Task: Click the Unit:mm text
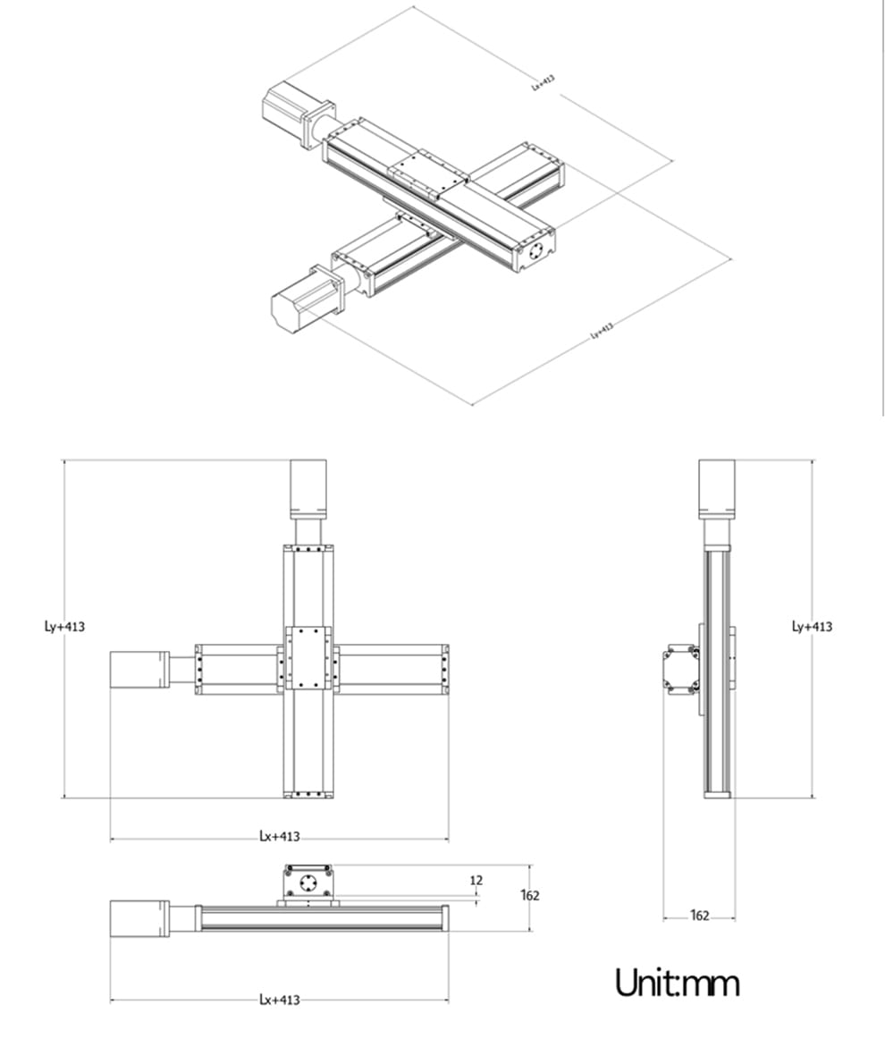pos(677,983)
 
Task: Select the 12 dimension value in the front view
pos(476,881)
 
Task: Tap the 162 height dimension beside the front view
pos(530,895)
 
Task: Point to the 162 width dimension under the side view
pos(699,915)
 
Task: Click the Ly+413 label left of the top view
pos(64,626)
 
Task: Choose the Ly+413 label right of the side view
pos(812,626)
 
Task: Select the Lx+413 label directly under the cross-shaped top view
pos(279,837)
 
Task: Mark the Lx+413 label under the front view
pos(279,1000)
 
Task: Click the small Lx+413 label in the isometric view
pos(543,82)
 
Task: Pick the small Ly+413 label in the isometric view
pos(602,330)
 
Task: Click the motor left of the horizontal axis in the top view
pos(139,670)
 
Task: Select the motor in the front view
pos(139,918)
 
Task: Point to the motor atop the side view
pos(716,489)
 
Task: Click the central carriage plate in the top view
pos(309,658)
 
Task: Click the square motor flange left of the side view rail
pos(680,670)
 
